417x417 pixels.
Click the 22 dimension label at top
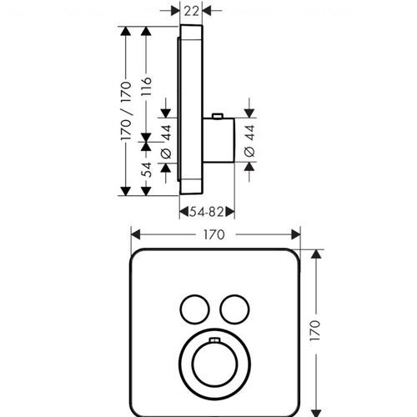pos(191,11)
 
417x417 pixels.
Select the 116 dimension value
pos(146,87)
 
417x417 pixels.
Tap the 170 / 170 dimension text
pos(126,111)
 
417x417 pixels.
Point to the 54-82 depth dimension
pos(207,213)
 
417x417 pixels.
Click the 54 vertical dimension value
pos(146,169)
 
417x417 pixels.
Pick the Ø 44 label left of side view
pos(166,142)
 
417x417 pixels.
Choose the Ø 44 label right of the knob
pos(249,141)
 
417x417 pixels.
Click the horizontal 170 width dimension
pos(214,235)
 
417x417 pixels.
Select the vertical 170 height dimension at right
pos(315,330)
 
